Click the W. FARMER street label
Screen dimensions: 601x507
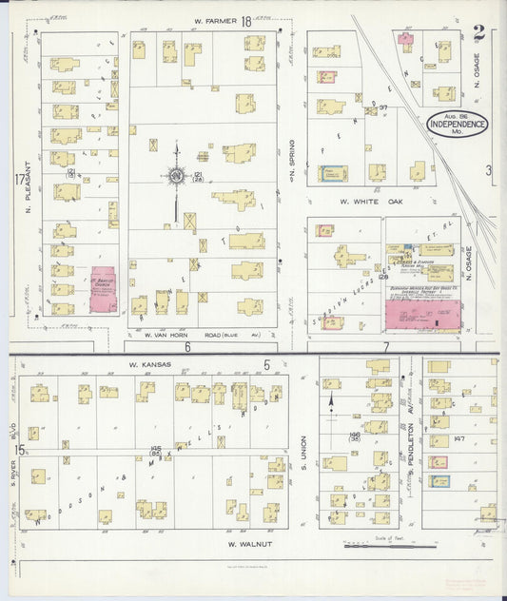pos(214,21)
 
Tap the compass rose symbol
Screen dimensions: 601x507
pos(176,175)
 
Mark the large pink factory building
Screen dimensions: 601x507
pos(422,315)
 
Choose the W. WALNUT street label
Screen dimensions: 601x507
pos(246,543)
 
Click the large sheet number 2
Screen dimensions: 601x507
pos(479,33)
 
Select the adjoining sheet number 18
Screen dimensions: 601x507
pos(245,20)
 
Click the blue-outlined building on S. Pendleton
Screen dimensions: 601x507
pos(439,482)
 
